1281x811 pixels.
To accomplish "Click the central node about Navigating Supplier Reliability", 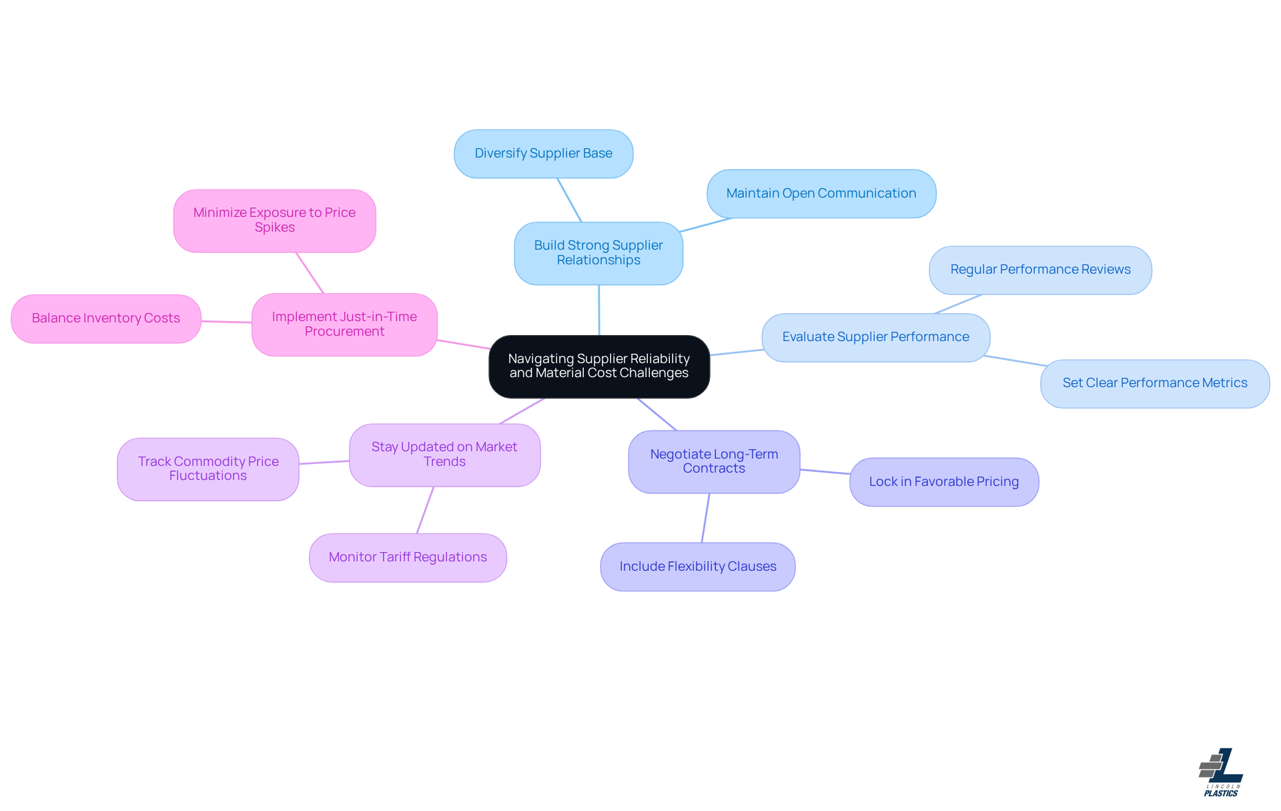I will [598, 366].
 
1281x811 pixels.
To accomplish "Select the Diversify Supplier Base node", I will [543, 154].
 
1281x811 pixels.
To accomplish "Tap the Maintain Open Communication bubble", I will [821, 194].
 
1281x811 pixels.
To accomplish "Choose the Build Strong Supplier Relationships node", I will [598, 253].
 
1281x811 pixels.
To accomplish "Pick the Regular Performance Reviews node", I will [1039, 270].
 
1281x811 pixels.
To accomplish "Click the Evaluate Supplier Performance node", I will [875, 337].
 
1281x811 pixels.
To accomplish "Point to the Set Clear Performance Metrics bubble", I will [1154, 383].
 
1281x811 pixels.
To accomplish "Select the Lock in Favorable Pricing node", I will [943, 482].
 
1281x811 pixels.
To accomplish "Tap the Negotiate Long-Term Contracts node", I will [713, 461].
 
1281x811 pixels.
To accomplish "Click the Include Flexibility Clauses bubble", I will [697, 567].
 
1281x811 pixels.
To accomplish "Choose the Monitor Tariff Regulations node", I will [407, 557].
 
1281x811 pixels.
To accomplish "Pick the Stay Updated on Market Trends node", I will [444, 455].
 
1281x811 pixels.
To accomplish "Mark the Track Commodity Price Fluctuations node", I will [207, 469].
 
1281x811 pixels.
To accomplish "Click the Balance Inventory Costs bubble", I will [105, 318].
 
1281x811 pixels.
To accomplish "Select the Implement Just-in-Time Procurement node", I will [344, 324].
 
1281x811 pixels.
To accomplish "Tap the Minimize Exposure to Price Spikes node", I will [274, 220].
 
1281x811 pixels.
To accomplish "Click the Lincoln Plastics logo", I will [1220, 772].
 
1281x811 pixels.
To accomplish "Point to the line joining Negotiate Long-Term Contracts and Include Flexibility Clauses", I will [705, 518].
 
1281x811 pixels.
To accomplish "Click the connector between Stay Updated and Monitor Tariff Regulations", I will [425, 510].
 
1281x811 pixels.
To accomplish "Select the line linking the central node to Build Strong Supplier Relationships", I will [598, 310].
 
